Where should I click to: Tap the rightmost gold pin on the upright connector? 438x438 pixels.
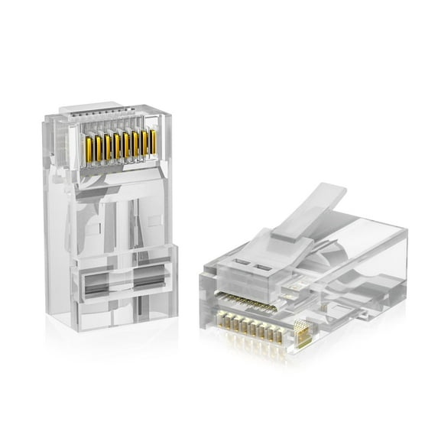153,143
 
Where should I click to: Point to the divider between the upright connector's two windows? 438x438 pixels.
127,284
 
